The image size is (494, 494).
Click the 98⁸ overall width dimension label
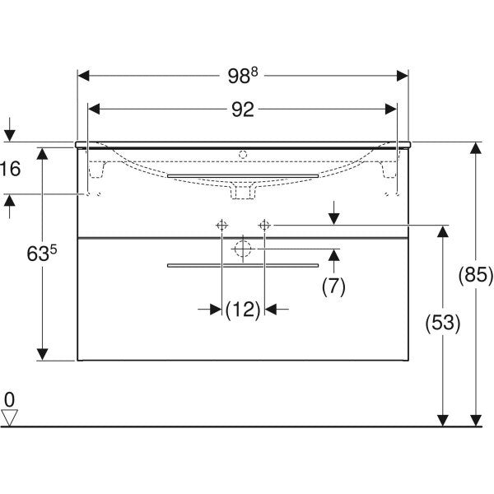point(243,76)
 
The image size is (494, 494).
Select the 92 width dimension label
point(243,110)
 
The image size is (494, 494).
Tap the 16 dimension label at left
point(11,169)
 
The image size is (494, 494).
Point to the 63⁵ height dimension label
point(42,253)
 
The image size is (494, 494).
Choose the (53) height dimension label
point(443,323)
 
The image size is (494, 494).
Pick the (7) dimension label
point(333,287)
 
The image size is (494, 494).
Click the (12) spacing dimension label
point(243,310)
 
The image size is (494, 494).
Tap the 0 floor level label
point(9,400)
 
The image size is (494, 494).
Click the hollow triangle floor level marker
point(9,417)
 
